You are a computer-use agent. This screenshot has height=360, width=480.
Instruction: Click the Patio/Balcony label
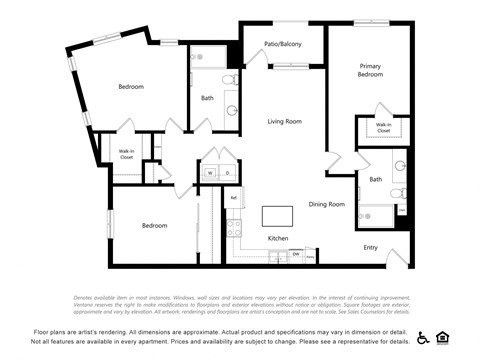pyautogui.click(x=284, y=45)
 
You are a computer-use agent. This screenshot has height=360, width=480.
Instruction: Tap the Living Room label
pyautogui.click(x=284, y=122)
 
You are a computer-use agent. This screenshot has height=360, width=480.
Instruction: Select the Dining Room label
pyautogui.click(x=326, y=204)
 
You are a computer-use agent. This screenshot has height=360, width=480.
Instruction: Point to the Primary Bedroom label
pyautogui.click(x=371, y=70)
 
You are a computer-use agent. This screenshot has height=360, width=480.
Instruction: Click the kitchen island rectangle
pyautogui.click(x=278, y=216)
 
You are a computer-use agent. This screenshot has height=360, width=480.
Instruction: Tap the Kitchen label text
pyautogui.click(x=278, y=239)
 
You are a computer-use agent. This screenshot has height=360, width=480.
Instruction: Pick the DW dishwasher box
pyautogui.click(x=296, y=255)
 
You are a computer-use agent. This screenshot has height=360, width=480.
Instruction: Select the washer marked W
pyautogui.click(x=211, y=173)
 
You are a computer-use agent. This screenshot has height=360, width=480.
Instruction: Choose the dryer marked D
pyautogui.click(x=227, y=173)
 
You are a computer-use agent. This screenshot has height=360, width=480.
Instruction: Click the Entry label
pyautogui.click(x=370, y=247)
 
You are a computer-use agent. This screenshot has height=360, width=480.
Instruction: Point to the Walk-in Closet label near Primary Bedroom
pyautogui.click(x=383, y=127)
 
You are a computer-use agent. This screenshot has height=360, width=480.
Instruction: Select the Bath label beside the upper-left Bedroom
pyautogui.click(x=207, y=98)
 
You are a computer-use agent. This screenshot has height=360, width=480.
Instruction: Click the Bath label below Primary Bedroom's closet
pyautogui.click(x=376, y=179)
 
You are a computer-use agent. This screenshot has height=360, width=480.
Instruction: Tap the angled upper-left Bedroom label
pyautogui.click(x=131, y=87)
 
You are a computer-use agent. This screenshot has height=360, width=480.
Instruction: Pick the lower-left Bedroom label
pyautogui.click(x=154, y=226)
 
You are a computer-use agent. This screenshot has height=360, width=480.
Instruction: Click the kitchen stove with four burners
pyautogui.click(x=235, y=226)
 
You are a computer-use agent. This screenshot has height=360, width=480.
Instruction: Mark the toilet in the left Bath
pyautogui.click(x=229, y=79)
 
